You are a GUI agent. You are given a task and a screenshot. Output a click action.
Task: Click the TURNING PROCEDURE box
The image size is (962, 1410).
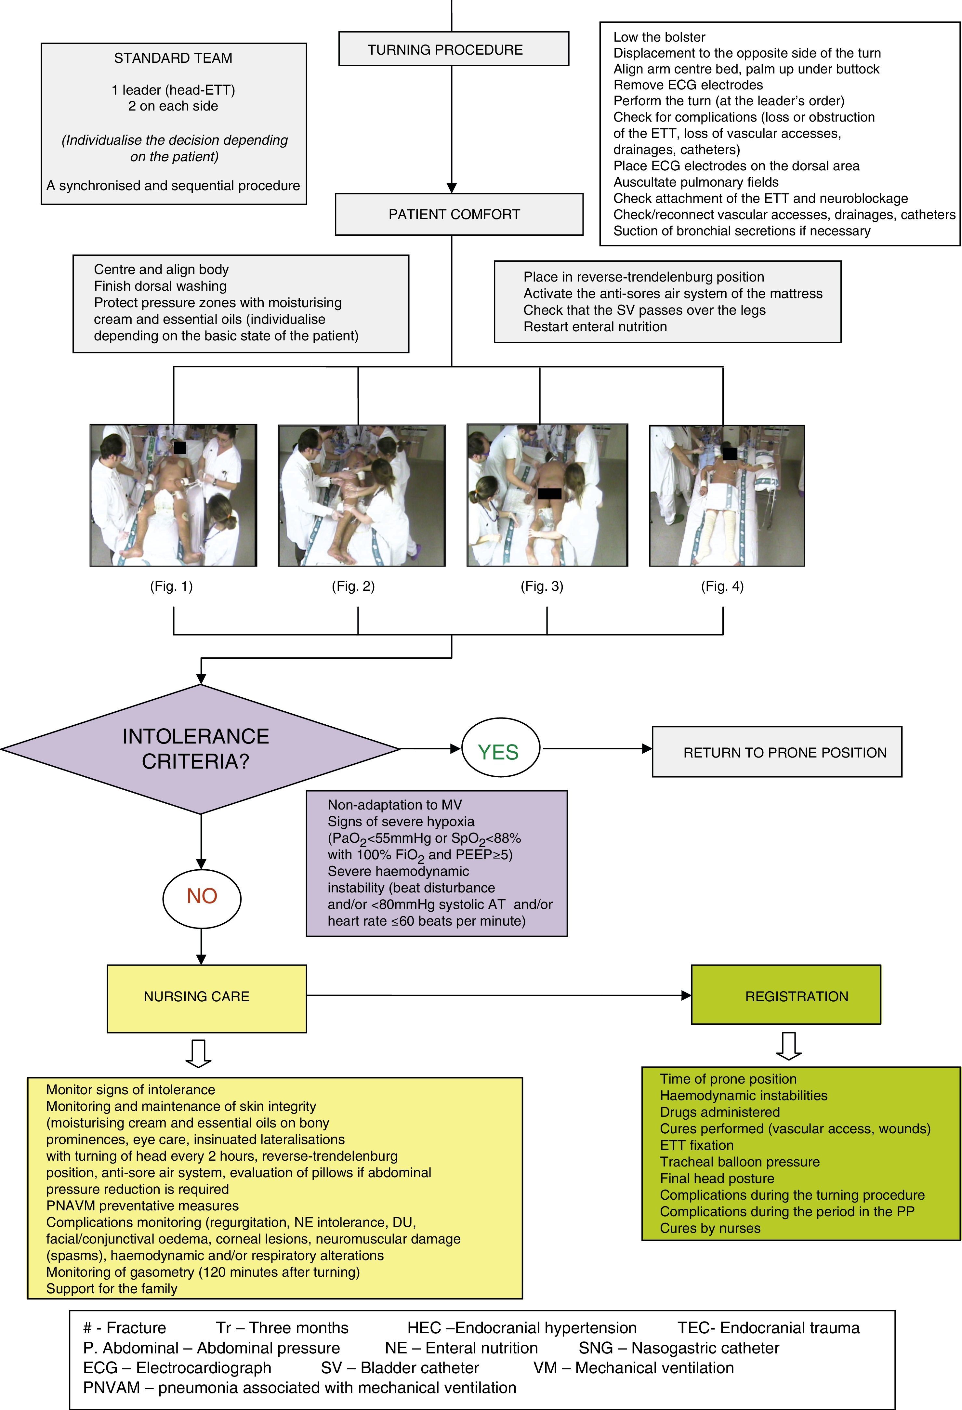click(x=453, y=49)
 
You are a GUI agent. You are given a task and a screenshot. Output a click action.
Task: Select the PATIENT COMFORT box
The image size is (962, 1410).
click(x=458, y=214)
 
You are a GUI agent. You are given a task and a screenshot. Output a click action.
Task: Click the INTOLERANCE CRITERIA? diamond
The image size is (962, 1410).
click(x=200, y=749)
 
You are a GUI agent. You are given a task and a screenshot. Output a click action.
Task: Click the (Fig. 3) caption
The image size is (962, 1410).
click(x=542, y=586)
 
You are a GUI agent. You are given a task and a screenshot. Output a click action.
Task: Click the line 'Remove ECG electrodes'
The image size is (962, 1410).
click(x=688, y=85)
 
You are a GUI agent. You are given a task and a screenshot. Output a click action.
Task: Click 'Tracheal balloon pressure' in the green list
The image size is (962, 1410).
click(x=739, y=1162)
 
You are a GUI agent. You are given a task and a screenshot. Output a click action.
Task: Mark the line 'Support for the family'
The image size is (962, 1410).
click(x=112, y=1289)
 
